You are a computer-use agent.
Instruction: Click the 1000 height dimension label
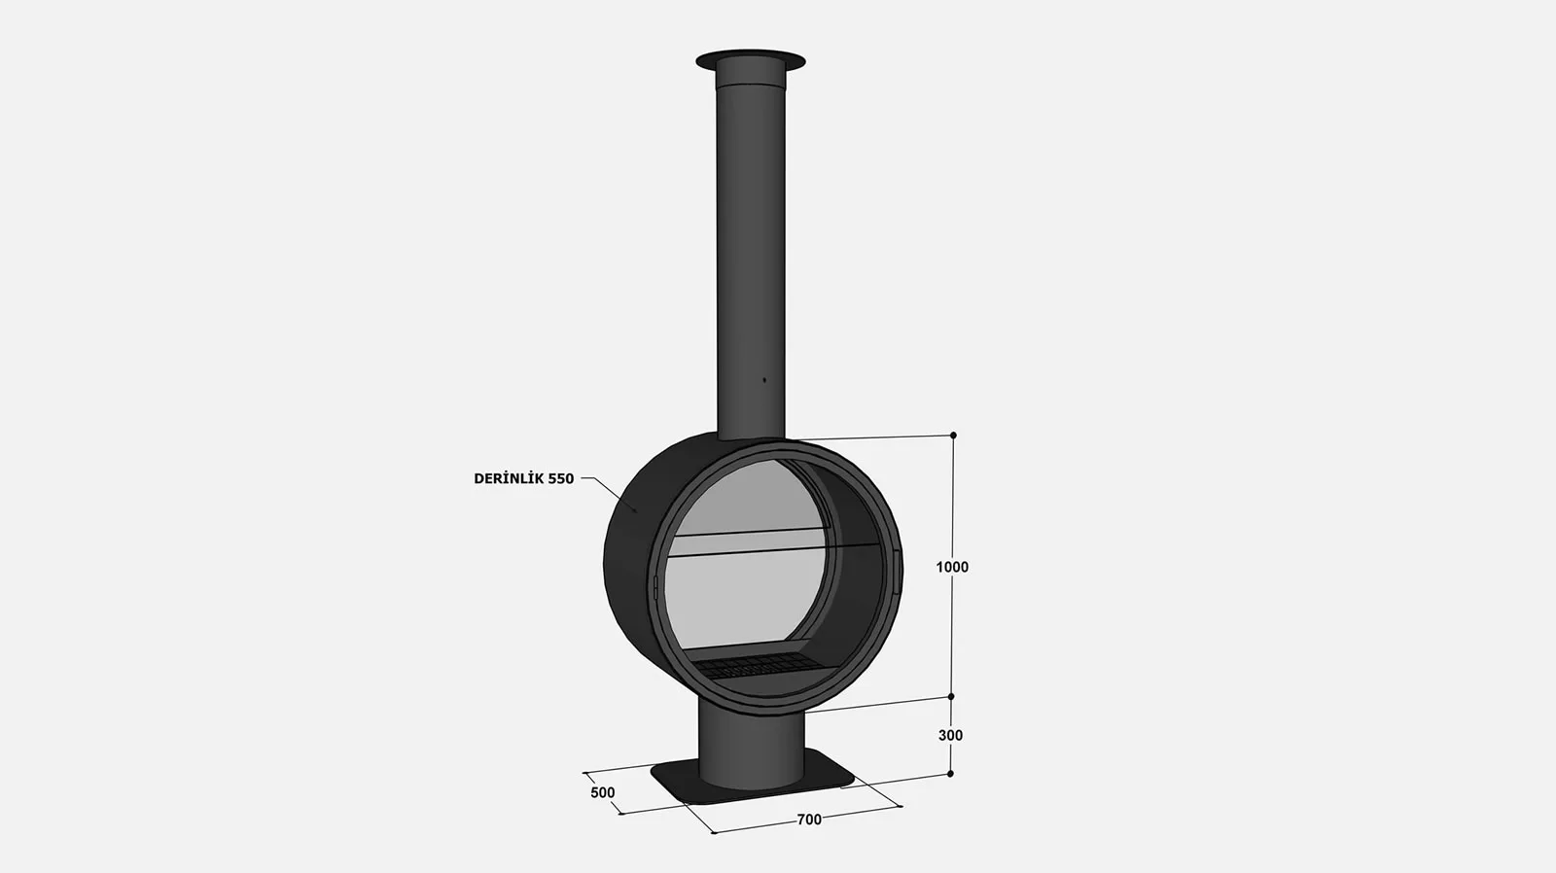point(952,567)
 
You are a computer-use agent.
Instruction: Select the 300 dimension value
point(950,735)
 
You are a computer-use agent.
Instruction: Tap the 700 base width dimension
point(809,820)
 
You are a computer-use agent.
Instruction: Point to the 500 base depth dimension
point(602,792)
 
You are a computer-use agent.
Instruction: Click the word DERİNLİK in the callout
point(510,478)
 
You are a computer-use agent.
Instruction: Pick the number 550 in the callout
point(561,478)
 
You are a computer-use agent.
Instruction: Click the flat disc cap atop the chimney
point(750,58)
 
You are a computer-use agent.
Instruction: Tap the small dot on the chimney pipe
point(764,380)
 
